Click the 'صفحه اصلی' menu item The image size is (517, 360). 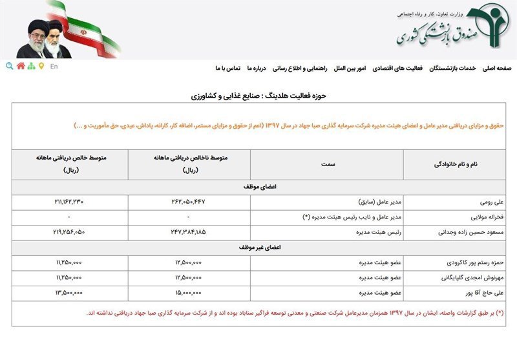[496, 68]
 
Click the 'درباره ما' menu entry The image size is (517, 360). [257, 68]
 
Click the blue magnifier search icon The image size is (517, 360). [9, 66]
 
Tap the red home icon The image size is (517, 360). [21, 66]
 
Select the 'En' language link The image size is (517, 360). [54, 66]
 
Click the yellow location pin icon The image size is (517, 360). [41, 66]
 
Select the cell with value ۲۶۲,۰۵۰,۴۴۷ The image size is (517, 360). [189, 202]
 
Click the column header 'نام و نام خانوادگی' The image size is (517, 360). [459, 165]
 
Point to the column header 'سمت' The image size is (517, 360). [327, 165]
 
